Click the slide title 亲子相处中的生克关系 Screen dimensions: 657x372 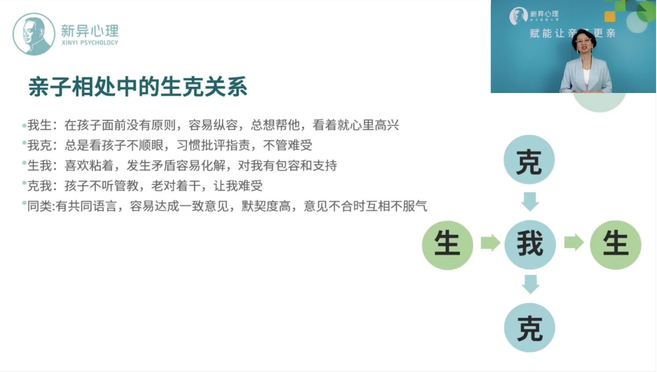(138, 87)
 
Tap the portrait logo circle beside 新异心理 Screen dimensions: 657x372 (34, 34)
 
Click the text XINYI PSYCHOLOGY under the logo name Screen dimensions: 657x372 (90, 43)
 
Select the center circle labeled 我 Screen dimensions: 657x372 (530, 245)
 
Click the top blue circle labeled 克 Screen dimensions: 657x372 (529, 160)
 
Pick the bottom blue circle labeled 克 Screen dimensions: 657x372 (530, 327)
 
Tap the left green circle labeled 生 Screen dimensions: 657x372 (447, 245)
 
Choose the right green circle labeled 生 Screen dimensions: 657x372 (616, 245)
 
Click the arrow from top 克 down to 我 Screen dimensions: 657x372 (530, 202)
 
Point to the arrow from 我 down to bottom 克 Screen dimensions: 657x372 (530, 284)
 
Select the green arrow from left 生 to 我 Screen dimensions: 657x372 (490, 243)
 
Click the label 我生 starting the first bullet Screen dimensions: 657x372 (40, 125)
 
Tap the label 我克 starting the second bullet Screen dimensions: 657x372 (40, 145)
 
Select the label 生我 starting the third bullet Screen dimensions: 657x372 (40, 166)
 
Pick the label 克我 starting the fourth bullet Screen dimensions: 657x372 (40, 186)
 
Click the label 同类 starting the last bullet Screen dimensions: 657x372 (40, 206)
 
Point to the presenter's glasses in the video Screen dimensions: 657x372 (584, 41)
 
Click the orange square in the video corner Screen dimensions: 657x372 (610, 16)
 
